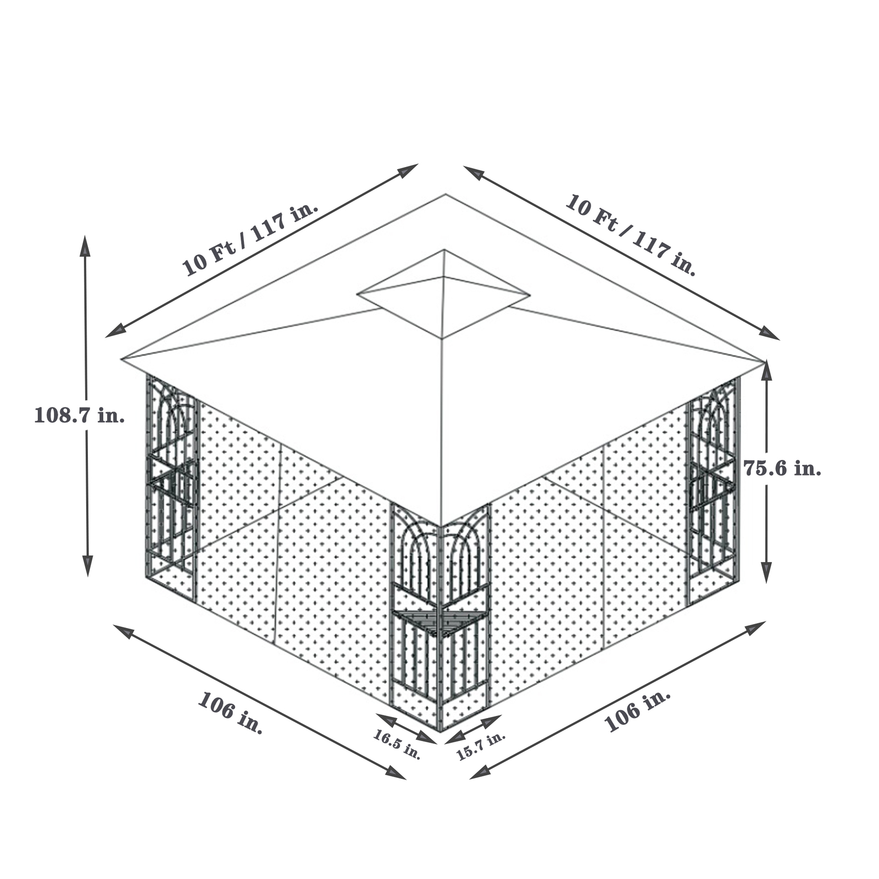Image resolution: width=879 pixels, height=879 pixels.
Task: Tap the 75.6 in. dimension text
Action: tap(782, 469)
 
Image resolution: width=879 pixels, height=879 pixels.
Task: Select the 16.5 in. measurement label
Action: tap(397, 744)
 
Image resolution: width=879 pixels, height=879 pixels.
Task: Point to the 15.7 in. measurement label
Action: tap(481, 746)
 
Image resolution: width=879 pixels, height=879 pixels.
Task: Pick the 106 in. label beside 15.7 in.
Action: tap(637, 710)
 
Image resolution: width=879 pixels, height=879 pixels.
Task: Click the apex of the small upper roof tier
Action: tap(444, 251)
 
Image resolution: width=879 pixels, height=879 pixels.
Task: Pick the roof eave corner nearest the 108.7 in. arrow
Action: tap(122, 359)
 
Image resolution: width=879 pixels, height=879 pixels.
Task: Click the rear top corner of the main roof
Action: tap(446, 194)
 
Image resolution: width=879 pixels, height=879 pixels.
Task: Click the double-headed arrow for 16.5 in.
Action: tap(406, 729)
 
